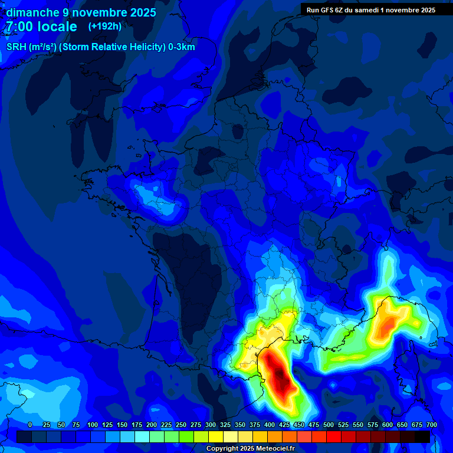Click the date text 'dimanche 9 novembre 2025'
pyautogui.click(x=81, y=12)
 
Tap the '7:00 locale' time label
pyautogui.click(x=41, y=27)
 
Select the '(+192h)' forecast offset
pyautogui.click(x=105, y=27)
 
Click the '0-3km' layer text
pyautogui.click(x=182, y=47)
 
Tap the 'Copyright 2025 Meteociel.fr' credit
pyautogui.click(x=250, y=449)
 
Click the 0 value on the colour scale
pyautogui.click(x=30, y=425)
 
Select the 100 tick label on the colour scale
pyautogui.click(x=93, y=425)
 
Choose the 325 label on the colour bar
pyautogui.click(x=225, y=425)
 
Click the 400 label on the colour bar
pyautogui.click(x=270, y=425)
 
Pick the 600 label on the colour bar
pyautogui.click(x=388, y=425)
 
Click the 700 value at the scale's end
pyautogui.click(x=431, y=425)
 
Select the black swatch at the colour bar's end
pyautogui.click(x=422, y=436)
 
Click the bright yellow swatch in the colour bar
pyautogui.click(x=216, y=436)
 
